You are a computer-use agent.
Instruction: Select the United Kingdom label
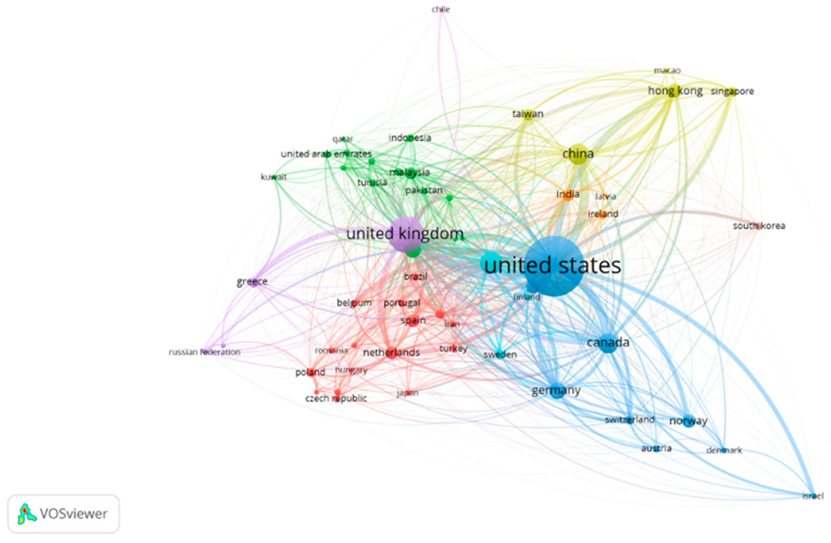405,234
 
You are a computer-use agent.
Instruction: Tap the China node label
578,154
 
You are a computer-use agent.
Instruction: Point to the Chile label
441,10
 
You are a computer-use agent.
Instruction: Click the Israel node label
813,495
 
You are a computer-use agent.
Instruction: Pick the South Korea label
759,226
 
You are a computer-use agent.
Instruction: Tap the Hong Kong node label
675,91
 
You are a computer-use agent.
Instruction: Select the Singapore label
732,92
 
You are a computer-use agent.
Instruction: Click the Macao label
667,71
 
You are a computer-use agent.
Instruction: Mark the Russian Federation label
205,352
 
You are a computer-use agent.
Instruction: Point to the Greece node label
252,282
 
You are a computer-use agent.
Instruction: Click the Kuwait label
274,177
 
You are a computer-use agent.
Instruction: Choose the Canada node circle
608,344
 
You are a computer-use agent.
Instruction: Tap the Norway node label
688,421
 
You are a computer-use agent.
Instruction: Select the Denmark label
724,450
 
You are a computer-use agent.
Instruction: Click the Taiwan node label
528,114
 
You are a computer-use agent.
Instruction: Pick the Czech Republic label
336,398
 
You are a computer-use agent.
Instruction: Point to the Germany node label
556,390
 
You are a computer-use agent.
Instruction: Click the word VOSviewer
73,514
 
